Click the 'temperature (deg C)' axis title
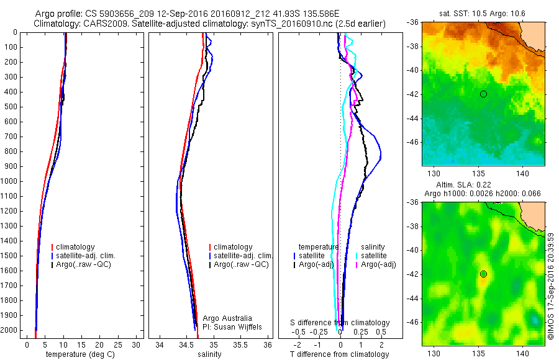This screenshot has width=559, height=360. pos(80,354)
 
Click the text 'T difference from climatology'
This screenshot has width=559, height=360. pos(339,354)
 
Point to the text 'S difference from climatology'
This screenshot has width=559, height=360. pos(340,323)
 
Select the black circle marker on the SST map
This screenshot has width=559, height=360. pos(483,94)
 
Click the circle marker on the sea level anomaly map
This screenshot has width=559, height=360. pos(483,274)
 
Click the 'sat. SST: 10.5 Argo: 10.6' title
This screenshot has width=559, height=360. pos(483,14)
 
